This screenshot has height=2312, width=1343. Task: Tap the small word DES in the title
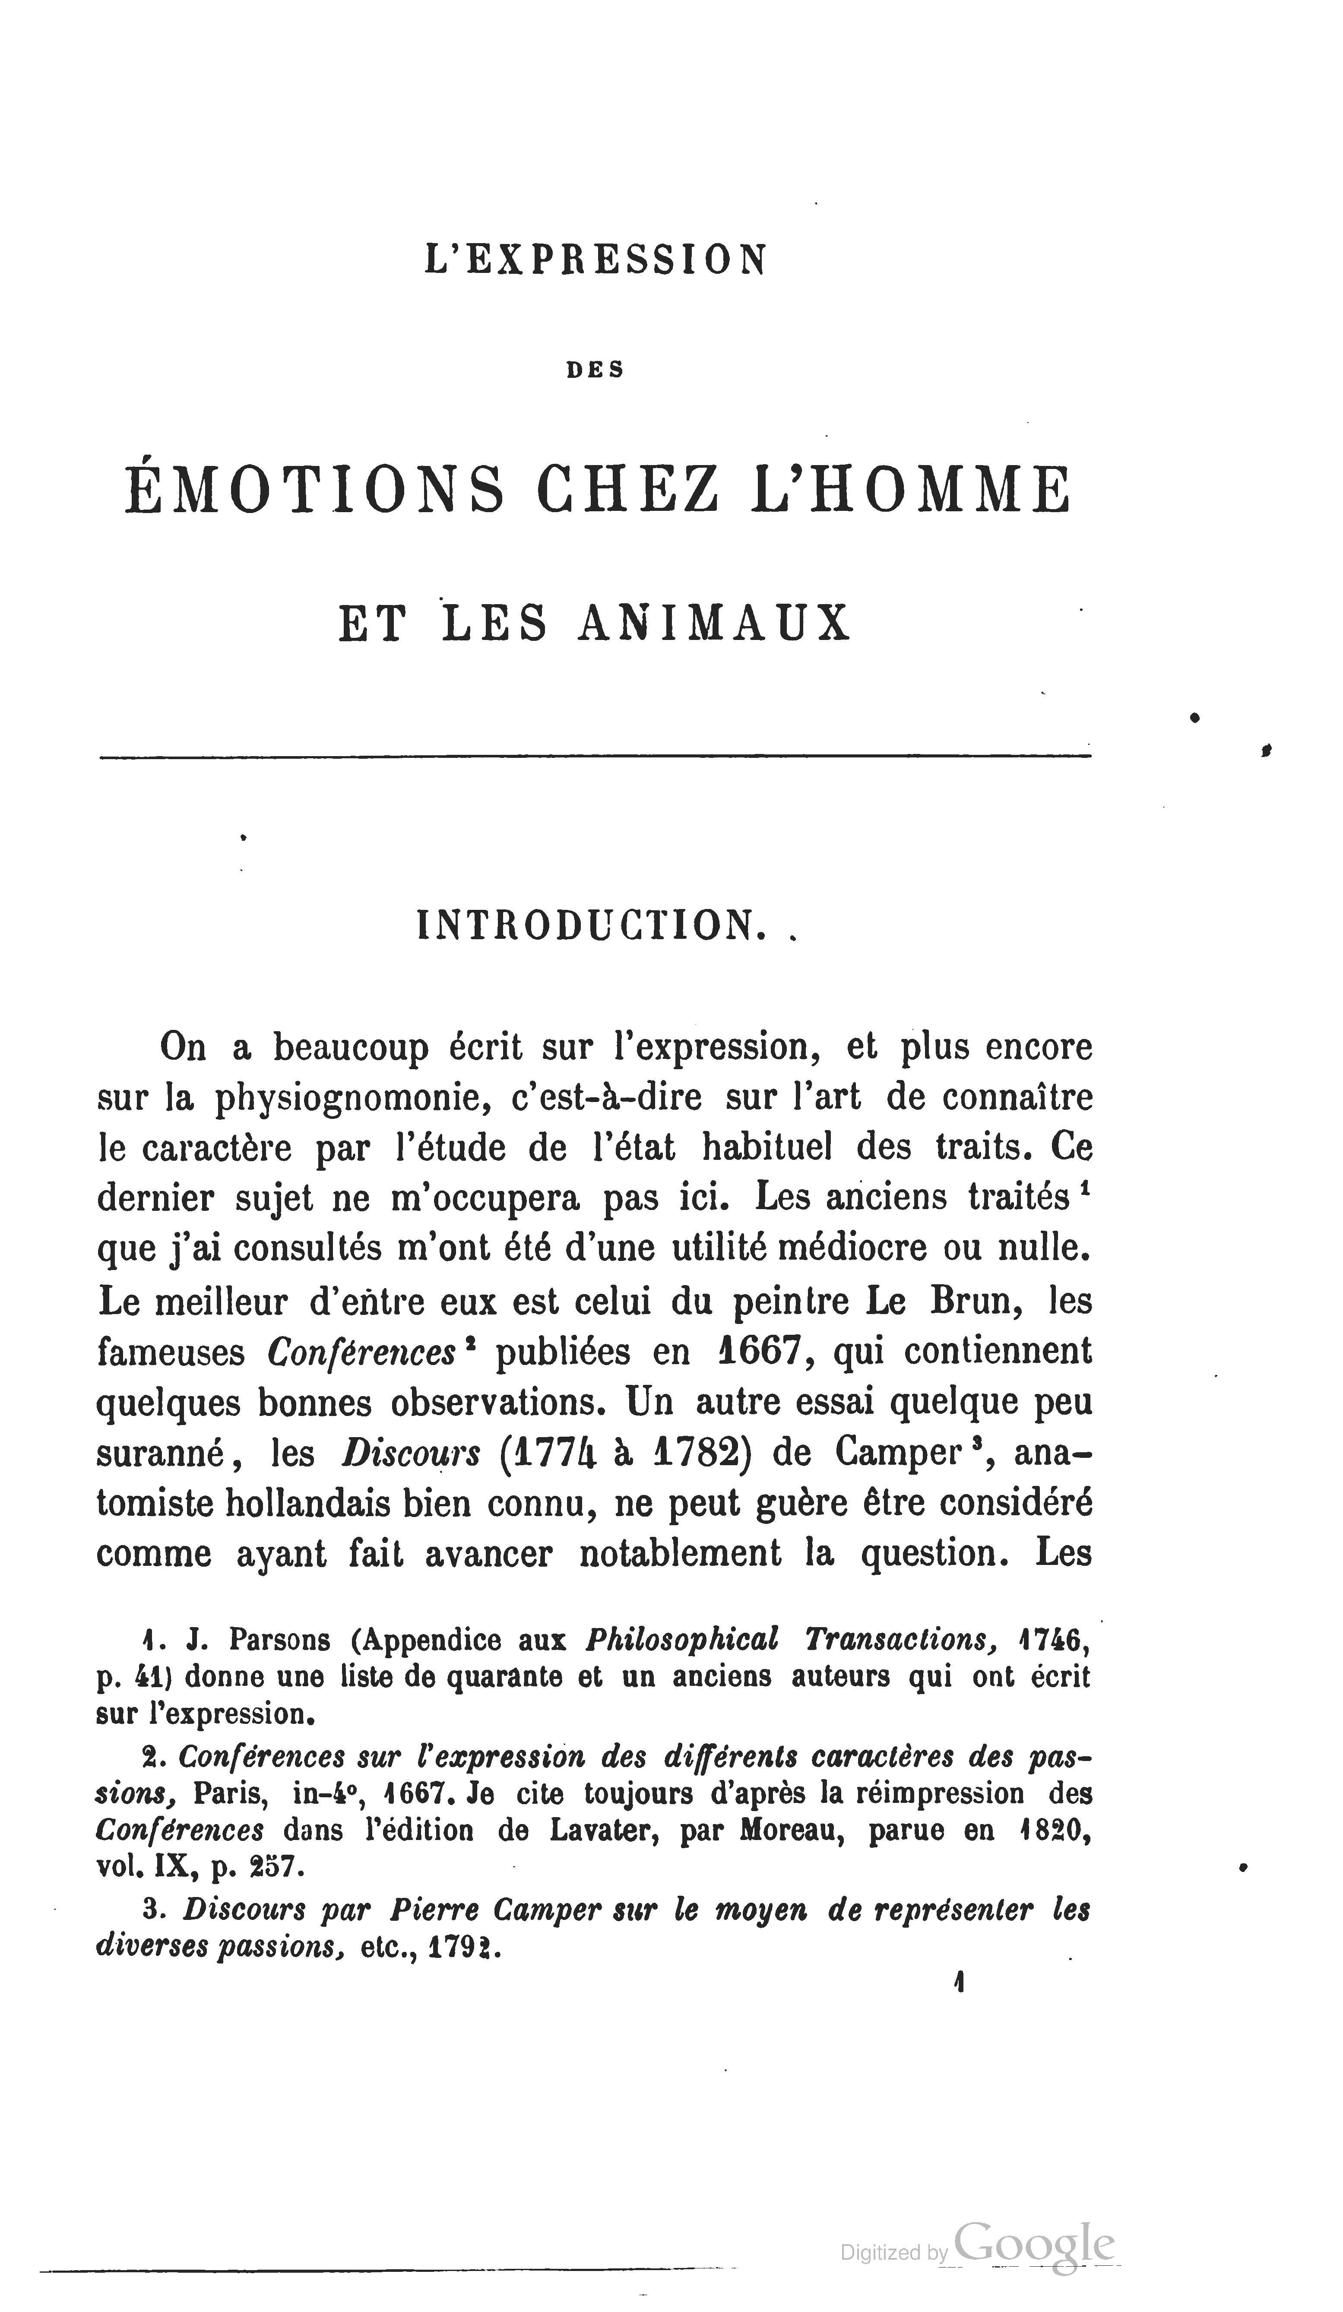point(595,370)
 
